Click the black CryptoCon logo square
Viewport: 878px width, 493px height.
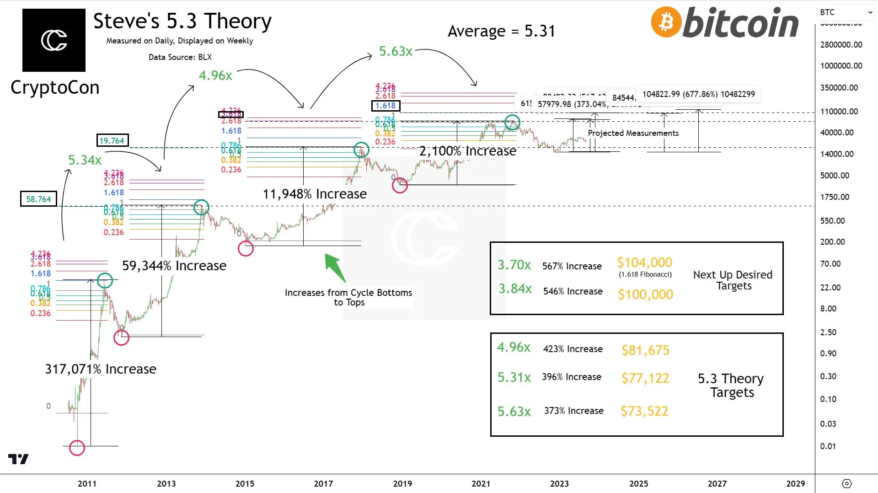tap(54, 40)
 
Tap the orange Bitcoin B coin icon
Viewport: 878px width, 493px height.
tap(666, 22)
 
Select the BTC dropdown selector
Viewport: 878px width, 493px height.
tap(846, 12)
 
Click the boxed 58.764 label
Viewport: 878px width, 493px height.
tap(38, 199)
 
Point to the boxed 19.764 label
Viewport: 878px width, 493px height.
tap(112, 140)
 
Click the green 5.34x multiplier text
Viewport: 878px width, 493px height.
tap(85, 160)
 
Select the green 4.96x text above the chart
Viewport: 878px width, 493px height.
tap(215, 75)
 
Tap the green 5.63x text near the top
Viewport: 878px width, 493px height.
tap(396, 51)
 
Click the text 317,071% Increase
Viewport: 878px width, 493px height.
tap(101, 369)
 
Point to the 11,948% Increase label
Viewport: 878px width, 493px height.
tap(315, 194)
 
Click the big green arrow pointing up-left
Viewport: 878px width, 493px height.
tap(335, 267)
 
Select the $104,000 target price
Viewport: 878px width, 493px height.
tap(644, 263)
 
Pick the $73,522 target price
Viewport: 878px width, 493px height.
tap(644, 411)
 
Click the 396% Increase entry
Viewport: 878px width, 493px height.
tap(572, 377)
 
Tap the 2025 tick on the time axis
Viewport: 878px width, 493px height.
tap(638, 483)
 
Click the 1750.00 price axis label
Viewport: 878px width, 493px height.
tap(835, 197)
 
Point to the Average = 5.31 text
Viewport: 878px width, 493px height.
tap(501, 31)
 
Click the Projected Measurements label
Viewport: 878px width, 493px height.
tap(633, 133)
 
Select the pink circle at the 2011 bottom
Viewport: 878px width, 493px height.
tap(77, 448)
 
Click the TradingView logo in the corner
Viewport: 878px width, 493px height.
tap(18, 459)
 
